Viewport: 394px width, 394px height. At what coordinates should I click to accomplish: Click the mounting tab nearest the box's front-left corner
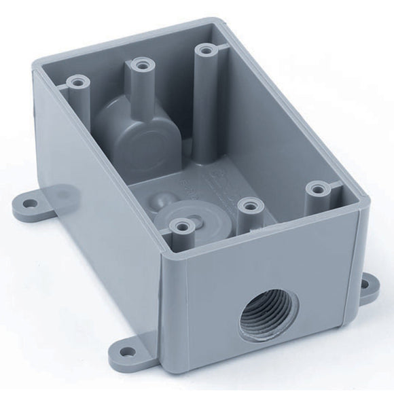tap(122, 344)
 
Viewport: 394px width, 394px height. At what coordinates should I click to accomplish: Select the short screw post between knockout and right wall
tap(250, 207)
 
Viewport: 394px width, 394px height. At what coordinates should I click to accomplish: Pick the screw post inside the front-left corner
tap(180, 228)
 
